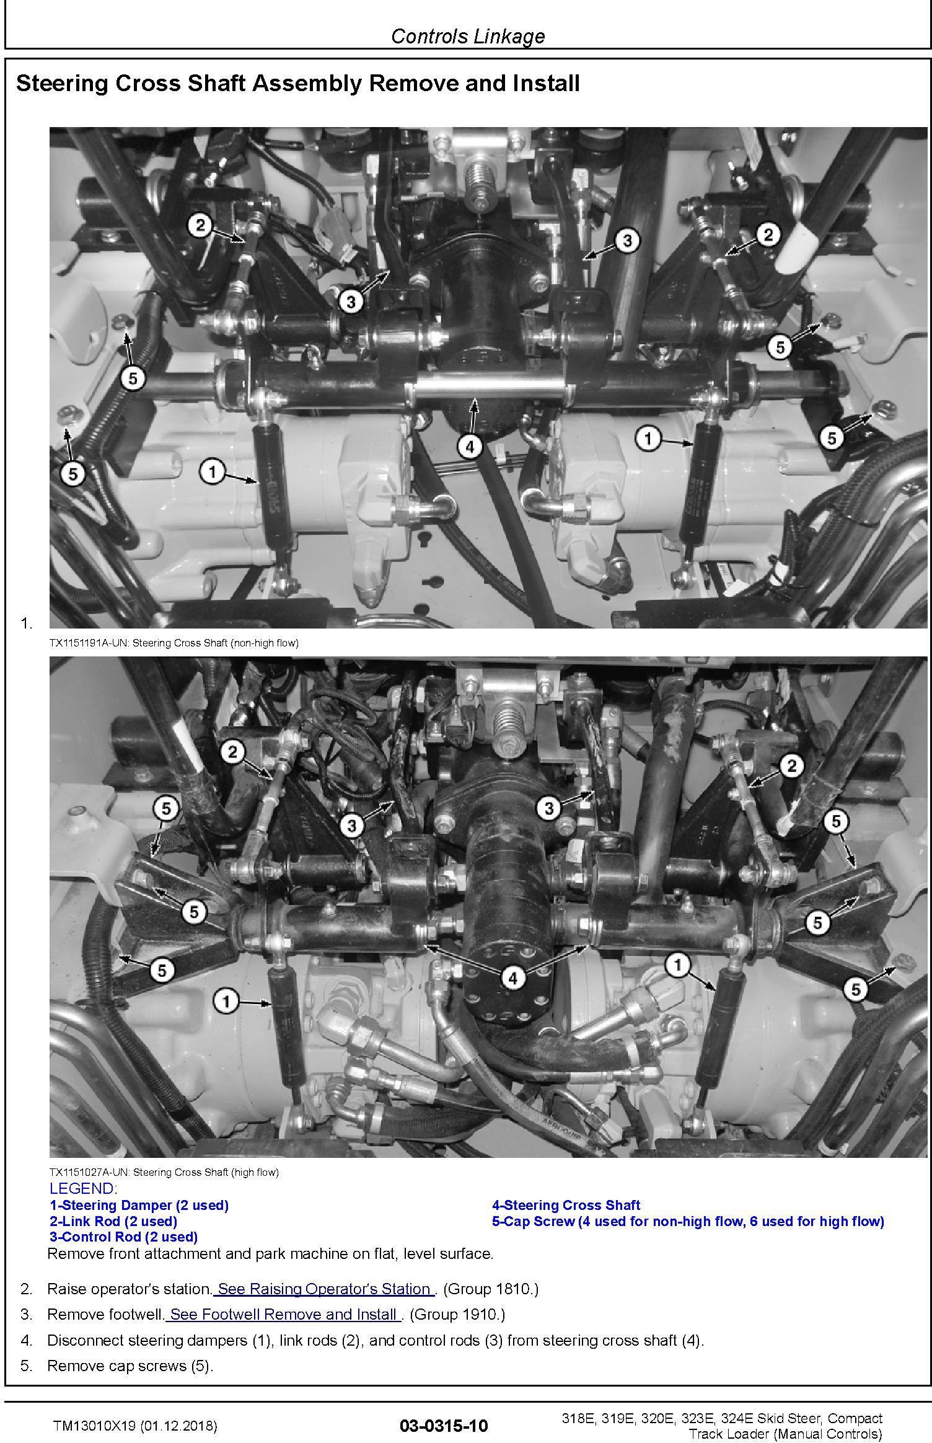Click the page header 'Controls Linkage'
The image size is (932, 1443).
(x=468, y=36)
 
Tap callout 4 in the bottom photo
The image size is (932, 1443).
(x=512, y=978)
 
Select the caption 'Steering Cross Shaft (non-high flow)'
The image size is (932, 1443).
(x=216, y=643)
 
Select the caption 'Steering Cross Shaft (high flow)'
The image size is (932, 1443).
(x=206, y=1172)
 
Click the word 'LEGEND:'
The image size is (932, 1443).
(x=83, y=1188)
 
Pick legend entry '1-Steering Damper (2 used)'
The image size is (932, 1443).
(x=139, y=1205)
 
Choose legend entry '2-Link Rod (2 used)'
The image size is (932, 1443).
(x=113, y=1221)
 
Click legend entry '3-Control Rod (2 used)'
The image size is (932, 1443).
(x=124, y=1237)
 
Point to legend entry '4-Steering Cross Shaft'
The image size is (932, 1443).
(x=566, y=1205)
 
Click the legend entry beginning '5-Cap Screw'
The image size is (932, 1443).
(x=688, y=1221)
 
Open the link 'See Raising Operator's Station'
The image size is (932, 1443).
(x=325, y=1289)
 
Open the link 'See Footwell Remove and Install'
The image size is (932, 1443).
(x=284, y=1314)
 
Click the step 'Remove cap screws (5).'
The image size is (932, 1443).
(x=130, y=1366)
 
